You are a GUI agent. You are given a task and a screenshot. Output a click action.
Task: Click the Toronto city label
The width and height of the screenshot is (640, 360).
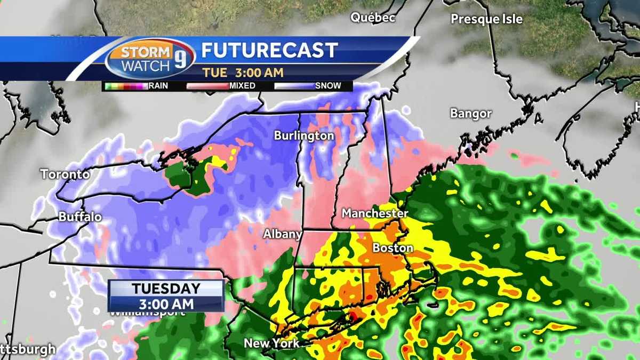point(66,174)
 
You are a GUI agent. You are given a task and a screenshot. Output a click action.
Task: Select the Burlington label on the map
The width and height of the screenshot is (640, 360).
point(304,136)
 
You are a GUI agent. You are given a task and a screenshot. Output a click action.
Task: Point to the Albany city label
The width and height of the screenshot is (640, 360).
point(283,234)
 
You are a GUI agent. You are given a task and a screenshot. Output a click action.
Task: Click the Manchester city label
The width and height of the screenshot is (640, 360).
point(374,213)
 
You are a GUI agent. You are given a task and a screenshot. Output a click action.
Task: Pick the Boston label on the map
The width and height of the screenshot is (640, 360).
point(393,248)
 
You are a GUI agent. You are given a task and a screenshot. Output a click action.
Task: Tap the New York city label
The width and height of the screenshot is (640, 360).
point(271,343)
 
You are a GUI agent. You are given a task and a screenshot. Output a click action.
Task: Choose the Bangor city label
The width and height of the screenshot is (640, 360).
point(470,114)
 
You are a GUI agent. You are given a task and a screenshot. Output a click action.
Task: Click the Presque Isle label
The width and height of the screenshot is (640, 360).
point(486,19)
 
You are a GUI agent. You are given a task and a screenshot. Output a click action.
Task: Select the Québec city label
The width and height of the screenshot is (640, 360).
point(373,18)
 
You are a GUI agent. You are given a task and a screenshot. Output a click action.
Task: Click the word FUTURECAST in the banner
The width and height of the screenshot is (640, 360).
point(269,51)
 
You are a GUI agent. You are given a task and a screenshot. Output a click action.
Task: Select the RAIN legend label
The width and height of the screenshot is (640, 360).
point(158,85)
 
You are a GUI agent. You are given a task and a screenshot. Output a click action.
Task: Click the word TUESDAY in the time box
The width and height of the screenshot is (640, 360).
point(166,289)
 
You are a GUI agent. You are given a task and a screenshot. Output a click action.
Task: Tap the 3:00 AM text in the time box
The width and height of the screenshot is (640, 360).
point(166,303)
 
